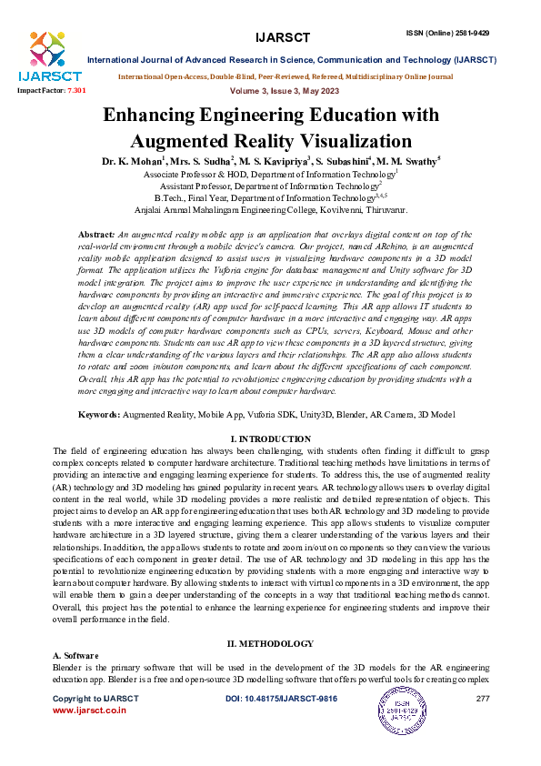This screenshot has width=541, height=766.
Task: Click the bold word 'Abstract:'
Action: [x=97, y=234]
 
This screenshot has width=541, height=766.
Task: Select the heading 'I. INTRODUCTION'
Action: [x=271, y=439]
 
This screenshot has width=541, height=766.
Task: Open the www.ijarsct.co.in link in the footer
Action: [x=89, y=709]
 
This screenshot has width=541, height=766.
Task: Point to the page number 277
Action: [x=483, y=698]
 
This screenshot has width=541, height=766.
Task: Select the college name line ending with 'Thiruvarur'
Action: [x=270, y=208]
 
